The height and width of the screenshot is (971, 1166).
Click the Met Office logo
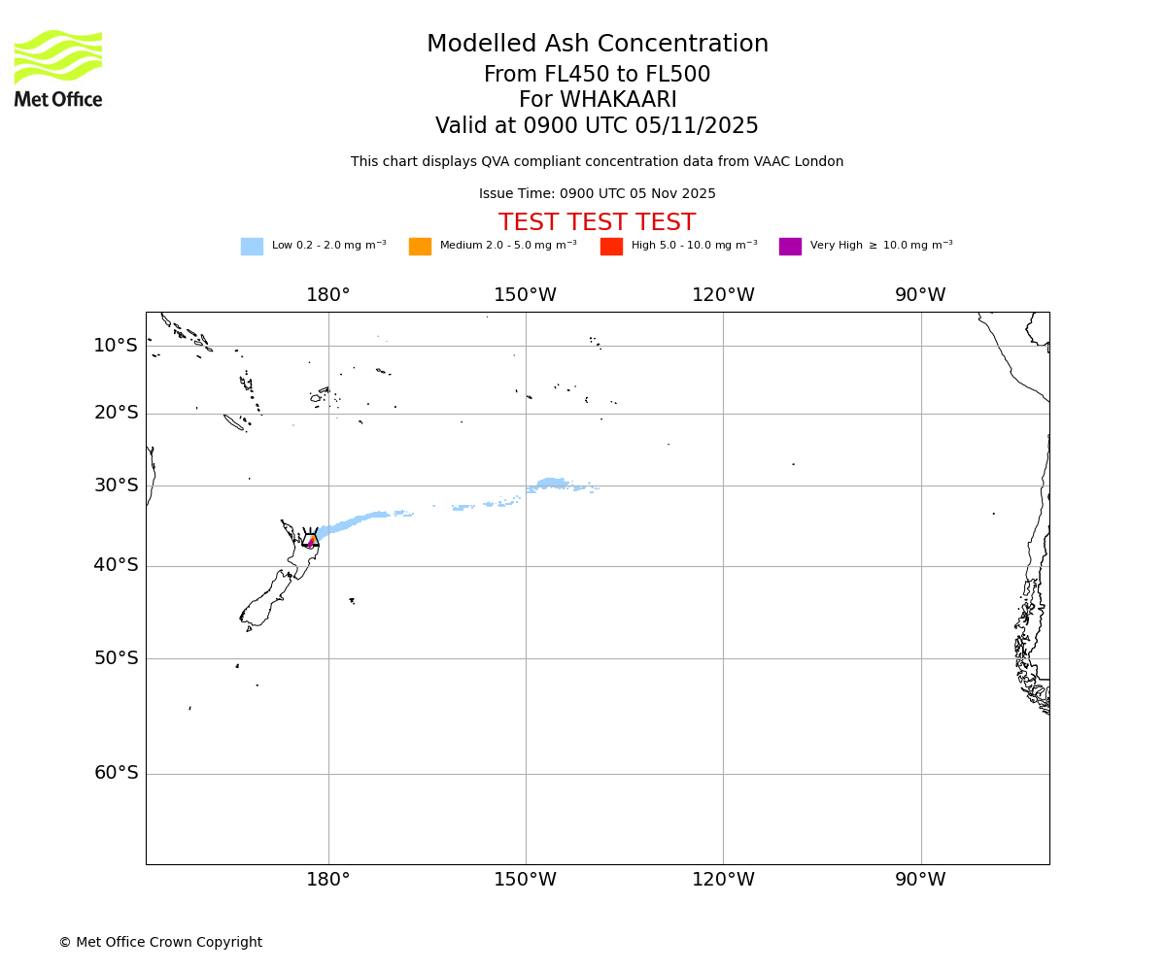[58, 68]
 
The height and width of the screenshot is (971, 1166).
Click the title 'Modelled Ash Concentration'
[598, 45]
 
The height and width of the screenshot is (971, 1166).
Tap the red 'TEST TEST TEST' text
[597, 222]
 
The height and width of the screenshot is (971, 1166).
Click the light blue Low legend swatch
[252, 247]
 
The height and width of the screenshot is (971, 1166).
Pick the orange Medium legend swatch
[420, 247]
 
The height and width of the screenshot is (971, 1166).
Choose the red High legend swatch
[611, 247]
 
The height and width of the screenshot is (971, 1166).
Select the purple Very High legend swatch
[790, 247]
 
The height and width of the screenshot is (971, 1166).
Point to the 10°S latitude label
[116, 346]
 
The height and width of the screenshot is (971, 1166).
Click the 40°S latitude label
[116, 565]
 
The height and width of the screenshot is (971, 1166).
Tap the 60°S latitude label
[116, 773]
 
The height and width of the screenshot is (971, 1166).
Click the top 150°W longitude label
[526, 295]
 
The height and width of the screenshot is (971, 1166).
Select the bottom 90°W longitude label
[920, 880]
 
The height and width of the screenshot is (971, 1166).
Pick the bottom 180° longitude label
[328, 880]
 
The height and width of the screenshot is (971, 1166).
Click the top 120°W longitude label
[723, 295]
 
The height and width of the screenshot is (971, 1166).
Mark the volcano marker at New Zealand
[310, 540]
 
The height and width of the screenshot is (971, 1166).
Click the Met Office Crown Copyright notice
[160, 942]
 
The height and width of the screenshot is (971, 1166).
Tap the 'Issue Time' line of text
[597, 193]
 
